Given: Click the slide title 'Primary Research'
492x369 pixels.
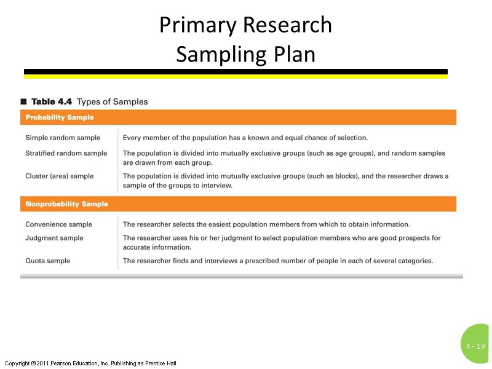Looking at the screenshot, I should tap(245, 25).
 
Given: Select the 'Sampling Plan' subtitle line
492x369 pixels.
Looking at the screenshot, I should tap(245, 54).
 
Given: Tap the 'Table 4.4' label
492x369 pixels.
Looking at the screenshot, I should tap(52, 101).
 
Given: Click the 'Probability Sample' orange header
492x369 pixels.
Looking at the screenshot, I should tap(60, 117).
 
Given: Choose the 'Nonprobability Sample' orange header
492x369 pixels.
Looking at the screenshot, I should tap(66, 204).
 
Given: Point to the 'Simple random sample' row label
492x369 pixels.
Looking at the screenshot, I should tap(63, 137).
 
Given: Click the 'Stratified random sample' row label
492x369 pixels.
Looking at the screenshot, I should tap(66, 153).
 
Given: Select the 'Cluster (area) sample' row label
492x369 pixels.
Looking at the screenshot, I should tap(60, 176).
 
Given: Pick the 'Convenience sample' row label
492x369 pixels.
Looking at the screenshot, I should tap(58, 224).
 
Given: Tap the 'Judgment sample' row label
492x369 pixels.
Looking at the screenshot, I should tap(54, 238).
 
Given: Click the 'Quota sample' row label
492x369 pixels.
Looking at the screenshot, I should tap(47, 261).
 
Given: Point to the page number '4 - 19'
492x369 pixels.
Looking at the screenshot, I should tap(475, 346).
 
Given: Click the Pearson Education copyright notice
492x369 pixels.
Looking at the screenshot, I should tap(90, 363).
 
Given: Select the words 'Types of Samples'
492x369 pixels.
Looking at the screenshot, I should tap(112, 101).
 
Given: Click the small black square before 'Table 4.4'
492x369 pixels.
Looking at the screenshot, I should tap(23, 101).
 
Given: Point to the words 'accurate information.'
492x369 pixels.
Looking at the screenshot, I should tap(157, 247).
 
